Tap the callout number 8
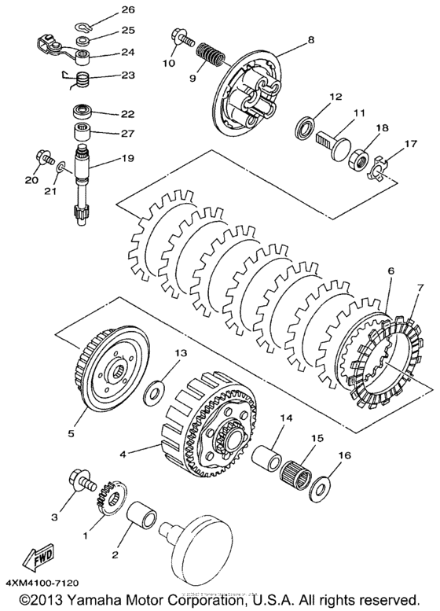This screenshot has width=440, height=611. pyautogui.click(x=290, y=39)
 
